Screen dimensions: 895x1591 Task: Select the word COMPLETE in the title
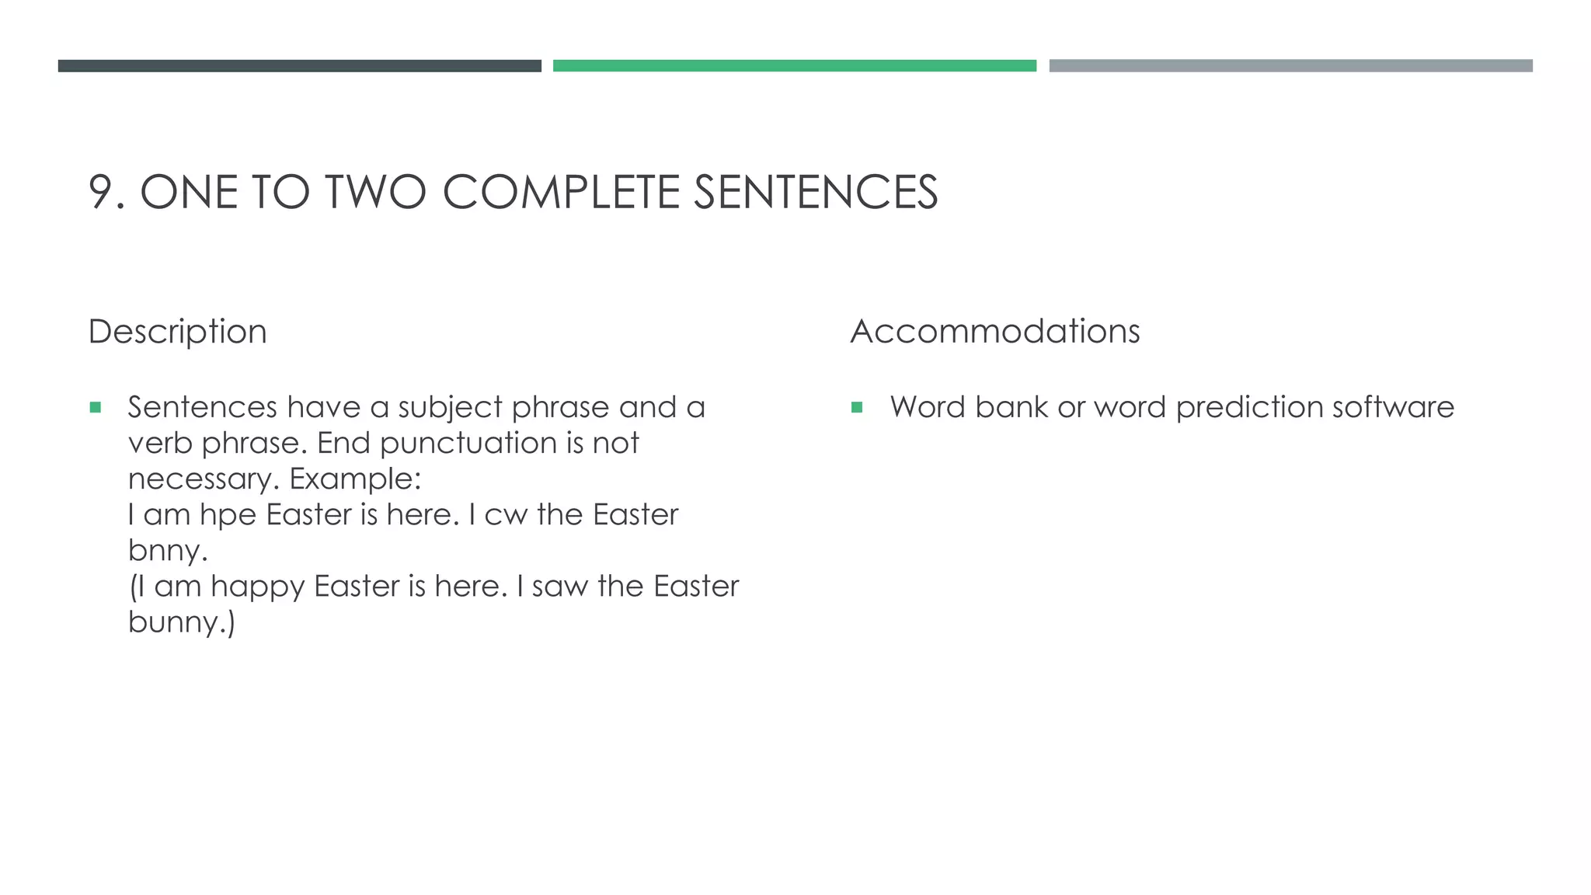560,192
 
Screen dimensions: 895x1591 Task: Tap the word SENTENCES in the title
815,192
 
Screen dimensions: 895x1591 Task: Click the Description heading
177,332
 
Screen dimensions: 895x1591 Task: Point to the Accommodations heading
994,332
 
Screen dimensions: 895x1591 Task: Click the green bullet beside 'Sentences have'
96,407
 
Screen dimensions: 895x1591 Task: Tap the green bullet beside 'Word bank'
857,407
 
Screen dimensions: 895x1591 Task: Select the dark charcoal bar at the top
299,66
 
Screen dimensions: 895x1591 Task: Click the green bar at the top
794,66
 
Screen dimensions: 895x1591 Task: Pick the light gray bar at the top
1290,66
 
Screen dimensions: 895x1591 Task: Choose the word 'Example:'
355,479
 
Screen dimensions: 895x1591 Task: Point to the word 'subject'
451,408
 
